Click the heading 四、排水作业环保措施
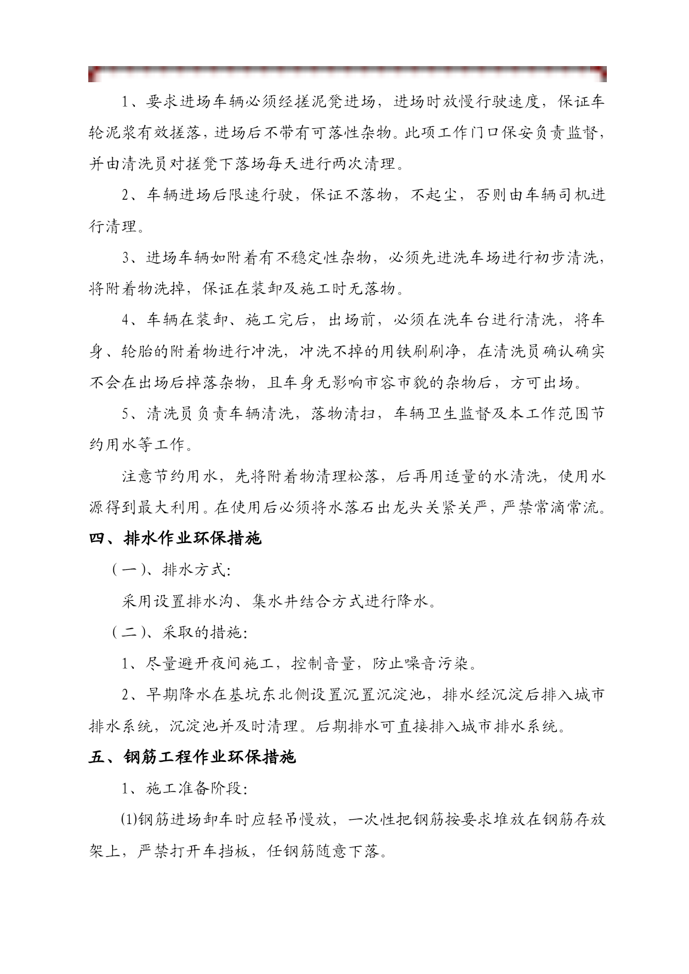(x=175, y=538)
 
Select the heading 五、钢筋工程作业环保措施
(x=192, y=757)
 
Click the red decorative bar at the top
(x=347, y=72)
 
